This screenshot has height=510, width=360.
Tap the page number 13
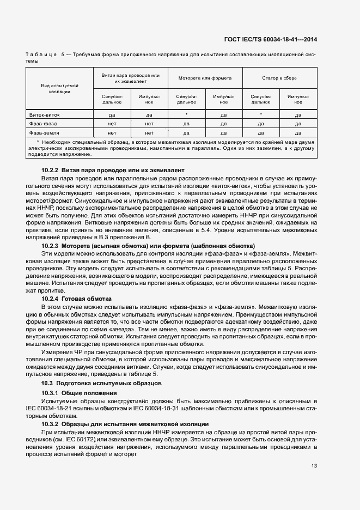coord(314,465)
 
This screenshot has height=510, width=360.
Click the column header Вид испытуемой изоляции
coord(60,89)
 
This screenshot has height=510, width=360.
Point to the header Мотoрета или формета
coord(205,78)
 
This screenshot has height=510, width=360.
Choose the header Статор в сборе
coord(280,78)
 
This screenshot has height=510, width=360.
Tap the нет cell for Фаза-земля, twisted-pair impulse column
coord(149,132)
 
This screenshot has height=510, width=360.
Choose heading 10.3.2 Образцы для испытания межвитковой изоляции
coord(125,423)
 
